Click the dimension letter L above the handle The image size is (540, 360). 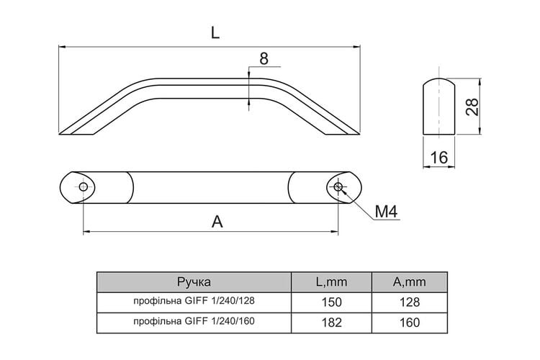215,32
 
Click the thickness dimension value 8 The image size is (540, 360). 264,58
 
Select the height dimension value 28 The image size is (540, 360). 472,107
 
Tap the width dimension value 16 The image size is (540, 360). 439,158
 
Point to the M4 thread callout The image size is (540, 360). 386,212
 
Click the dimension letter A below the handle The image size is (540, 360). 217,222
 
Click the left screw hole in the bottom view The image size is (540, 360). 83,187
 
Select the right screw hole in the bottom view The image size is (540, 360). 338,187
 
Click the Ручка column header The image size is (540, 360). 194,282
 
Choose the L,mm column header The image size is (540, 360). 332,282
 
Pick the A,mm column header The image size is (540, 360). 410,282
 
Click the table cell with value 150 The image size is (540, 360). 332,302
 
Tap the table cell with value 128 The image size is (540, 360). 410,302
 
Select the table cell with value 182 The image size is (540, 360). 332,323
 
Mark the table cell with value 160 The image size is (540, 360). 410,323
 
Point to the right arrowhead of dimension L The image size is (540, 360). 357,47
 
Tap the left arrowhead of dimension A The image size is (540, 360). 86,232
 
